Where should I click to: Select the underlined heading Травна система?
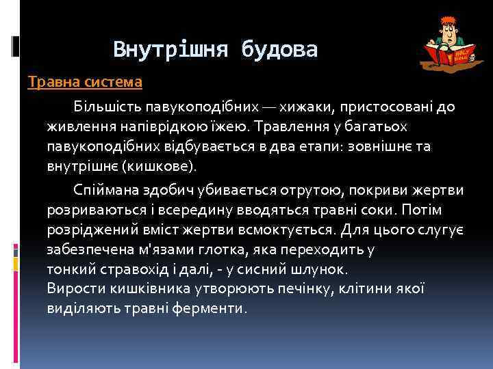85,83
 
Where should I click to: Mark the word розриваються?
88,209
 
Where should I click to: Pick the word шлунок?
321,269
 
